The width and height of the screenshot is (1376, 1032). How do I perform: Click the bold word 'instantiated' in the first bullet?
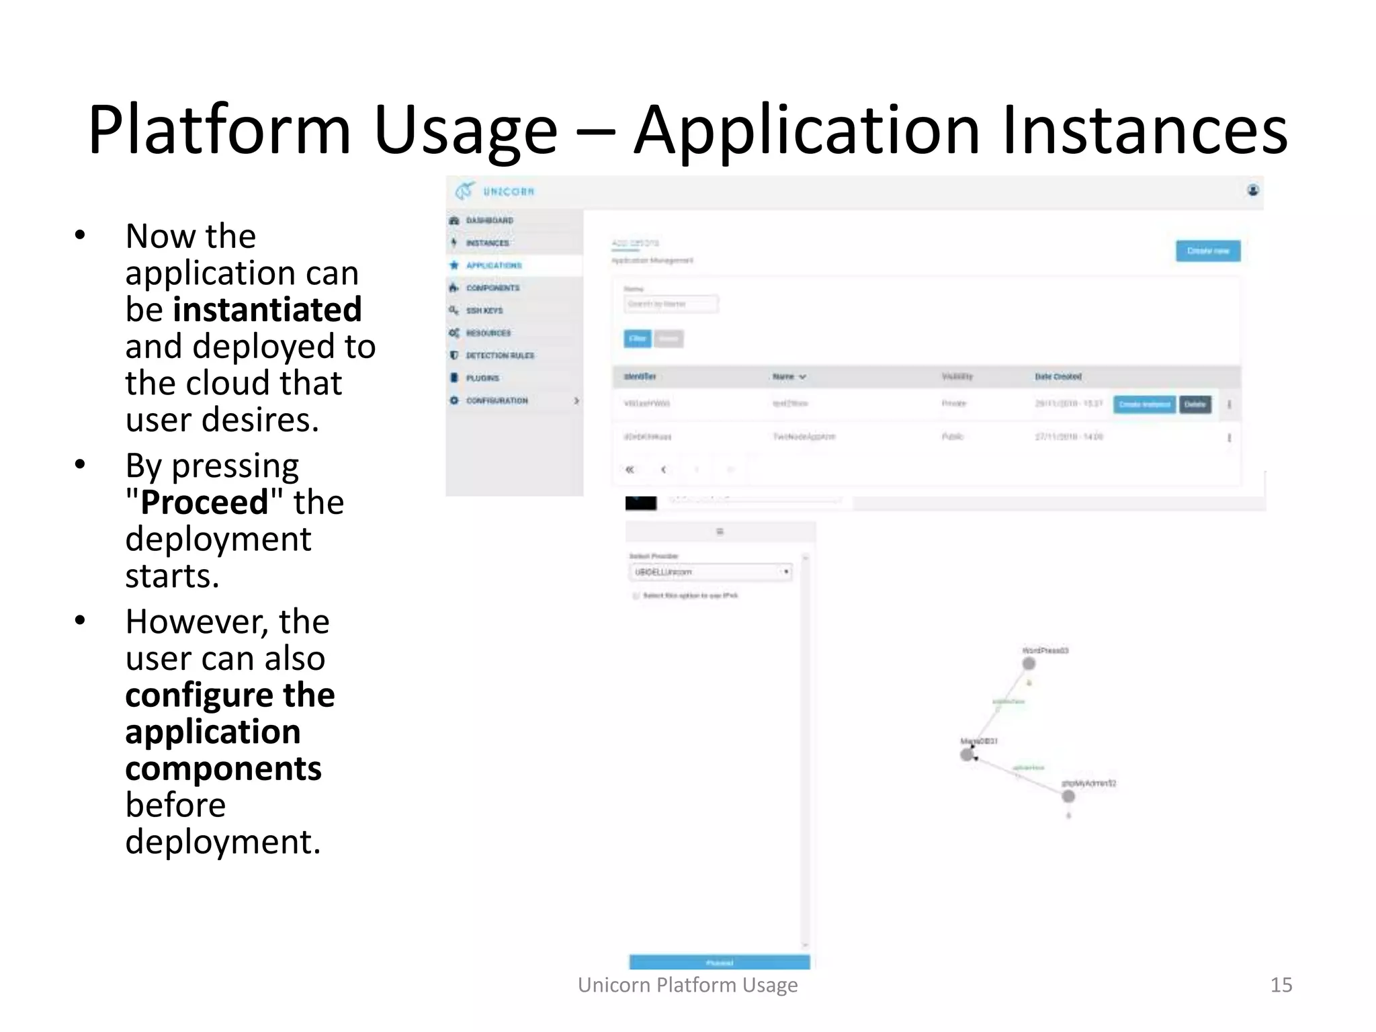(267, 310)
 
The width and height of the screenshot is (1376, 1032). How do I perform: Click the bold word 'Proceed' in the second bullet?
(204, 503)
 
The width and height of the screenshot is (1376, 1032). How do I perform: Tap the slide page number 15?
(1281, 985)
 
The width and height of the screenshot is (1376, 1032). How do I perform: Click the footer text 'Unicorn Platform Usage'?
(687, 985)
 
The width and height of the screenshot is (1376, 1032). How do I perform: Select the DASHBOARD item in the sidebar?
(489, 220)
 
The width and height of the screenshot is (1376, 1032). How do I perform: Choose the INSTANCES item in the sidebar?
(487, 243)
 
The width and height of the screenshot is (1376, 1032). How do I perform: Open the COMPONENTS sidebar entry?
(492, 288)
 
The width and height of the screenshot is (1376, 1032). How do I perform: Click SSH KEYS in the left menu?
(484, 310)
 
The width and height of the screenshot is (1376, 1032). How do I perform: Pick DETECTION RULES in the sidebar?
(500, 355)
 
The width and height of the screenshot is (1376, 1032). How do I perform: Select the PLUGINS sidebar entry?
(482, 378)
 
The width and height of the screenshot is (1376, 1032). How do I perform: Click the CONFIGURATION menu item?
(497, 400)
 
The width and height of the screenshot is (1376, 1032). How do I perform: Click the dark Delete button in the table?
(1195, 404)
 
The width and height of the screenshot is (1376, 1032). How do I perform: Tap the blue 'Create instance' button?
(1144, 404)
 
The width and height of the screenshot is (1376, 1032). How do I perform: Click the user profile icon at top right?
(1253, 191)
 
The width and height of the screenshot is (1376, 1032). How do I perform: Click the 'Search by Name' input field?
(670, 304)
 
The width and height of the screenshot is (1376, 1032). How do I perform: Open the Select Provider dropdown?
(711, 572)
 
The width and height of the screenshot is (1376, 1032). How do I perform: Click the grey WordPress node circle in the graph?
(1029, 664)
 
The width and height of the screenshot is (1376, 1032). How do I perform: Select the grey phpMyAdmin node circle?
(1068, 797)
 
